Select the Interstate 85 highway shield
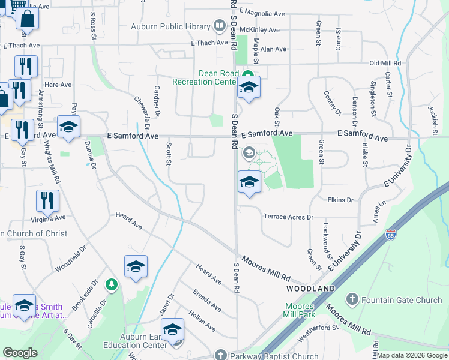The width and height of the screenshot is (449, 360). tap(391, 235)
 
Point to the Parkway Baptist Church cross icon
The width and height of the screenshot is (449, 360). tap(221, 355)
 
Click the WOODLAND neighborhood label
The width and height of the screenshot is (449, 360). tap(310, 289)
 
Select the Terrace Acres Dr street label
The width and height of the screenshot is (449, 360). tap(288, 217)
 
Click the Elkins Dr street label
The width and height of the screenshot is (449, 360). tap(340, 199)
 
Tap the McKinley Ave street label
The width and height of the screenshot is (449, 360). tap(259, 29)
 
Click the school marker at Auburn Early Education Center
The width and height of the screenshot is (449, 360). tap(172, 331)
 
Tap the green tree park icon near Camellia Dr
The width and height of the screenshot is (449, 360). tap(111, 284)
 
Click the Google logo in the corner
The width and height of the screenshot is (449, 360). tap(20, 353)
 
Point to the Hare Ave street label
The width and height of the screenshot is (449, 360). tap(58, 85)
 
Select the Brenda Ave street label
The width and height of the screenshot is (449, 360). tap(206, 301)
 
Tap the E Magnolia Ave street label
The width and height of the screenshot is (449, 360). tap(262, 13)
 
